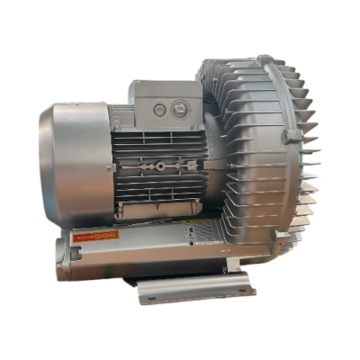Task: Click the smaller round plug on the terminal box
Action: (160, 108)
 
